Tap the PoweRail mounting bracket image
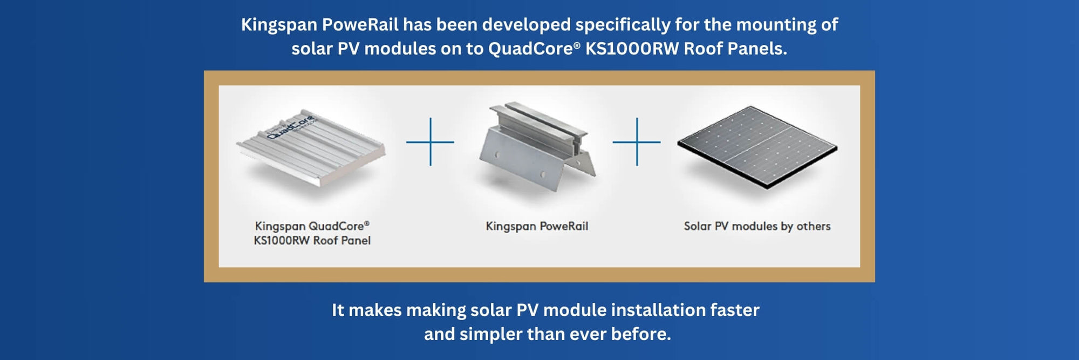click(537, 146)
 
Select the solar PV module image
click(757, 146)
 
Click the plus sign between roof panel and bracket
click(430, 142)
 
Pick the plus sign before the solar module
click(637, 142)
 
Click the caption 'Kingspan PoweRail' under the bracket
click(537, 226)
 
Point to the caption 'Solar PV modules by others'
click(757, 226)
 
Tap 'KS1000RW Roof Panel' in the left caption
click(312, 240)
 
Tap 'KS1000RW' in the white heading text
click(632, 49)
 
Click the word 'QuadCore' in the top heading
click(530, 49)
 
